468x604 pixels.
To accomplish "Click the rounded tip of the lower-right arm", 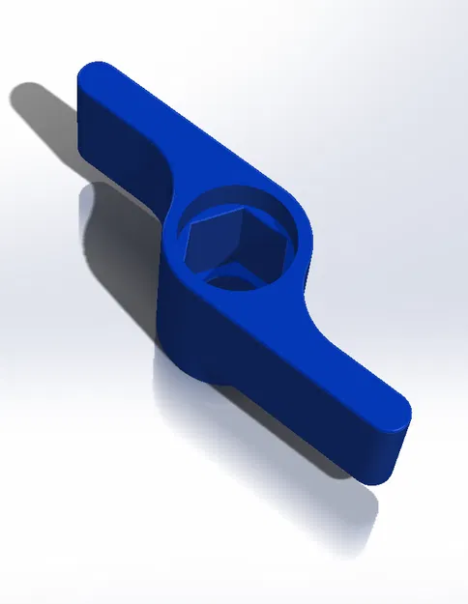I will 398,417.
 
